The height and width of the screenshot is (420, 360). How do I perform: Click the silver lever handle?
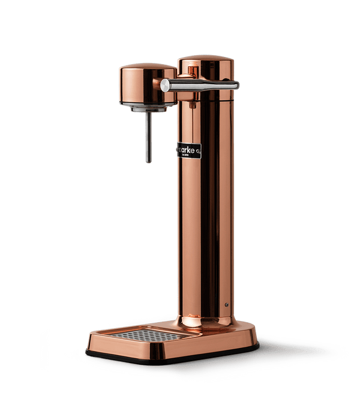point(204,85)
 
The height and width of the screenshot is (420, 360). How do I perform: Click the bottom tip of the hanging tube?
point(149,161)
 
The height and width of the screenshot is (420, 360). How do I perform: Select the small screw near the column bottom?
point(226,304)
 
